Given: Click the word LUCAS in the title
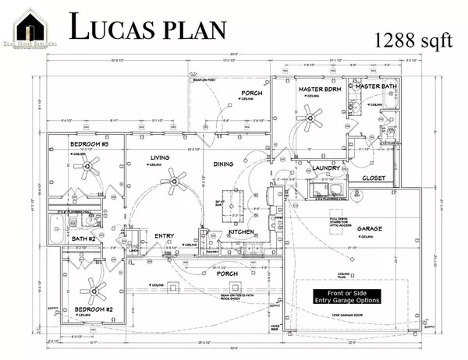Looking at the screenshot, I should pyautogui.click(x=116, y=28).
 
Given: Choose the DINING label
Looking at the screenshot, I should pyautogui.click(x=223, y=163).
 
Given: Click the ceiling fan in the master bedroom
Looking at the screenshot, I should pyautogui.click(x=315, y=119).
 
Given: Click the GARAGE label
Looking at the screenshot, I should pyautogui.click(x=370, y=229).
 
